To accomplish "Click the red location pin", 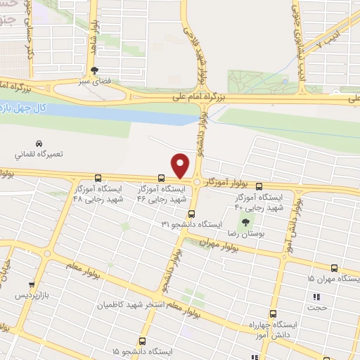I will [181, 165].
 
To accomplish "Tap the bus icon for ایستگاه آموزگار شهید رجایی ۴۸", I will [97, 178].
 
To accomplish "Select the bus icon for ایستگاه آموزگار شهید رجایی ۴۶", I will [162, 178].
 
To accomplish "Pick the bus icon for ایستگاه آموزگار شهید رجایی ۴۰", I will [259, 186].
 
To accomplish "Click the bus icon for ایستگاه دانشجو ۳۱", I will [192, 214].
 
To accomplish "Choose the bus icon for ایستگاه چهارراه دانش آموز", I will [274, 314].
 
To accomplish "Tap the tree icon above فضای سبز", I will [94, 70].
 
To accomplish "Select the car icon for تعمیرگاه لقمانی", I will [38, 141].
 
